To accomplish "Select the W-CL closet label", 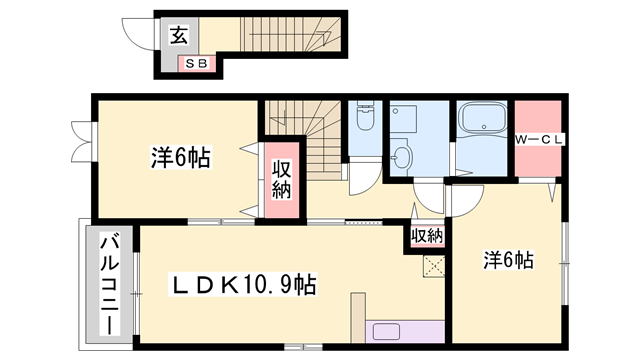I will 540,139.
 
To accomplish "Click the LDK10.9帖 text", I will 245,286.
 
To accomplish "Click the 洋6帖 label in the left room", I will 180,158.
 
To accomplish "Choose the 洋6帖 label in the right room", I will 508,260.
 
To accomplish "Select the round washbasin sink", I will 402,157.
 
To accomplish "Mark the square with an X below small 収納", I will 433,265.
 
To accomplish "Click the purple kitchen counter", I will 404,332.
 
